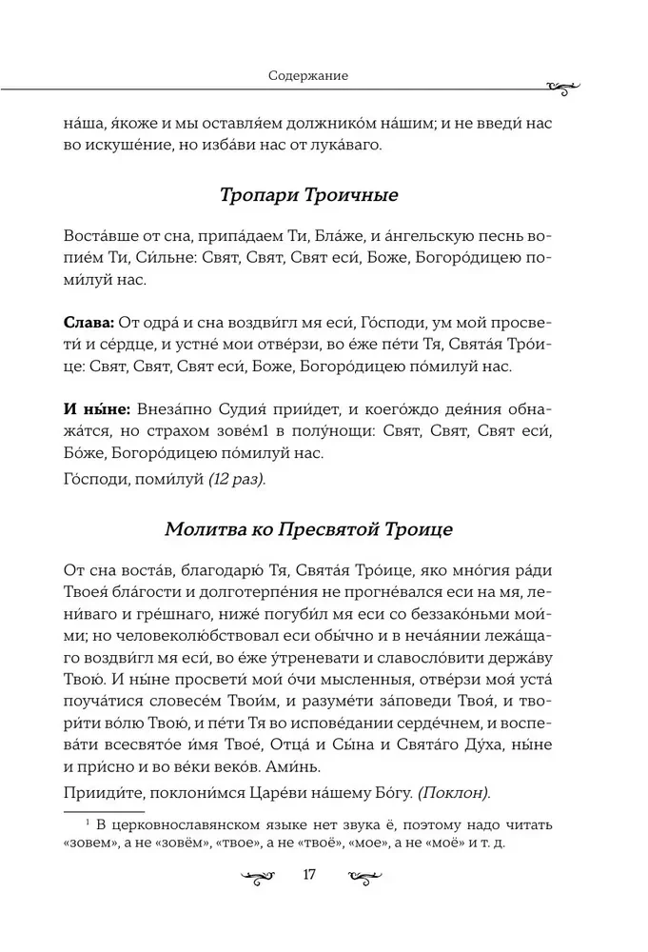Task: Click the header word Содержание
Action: (x=307, y=75)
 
